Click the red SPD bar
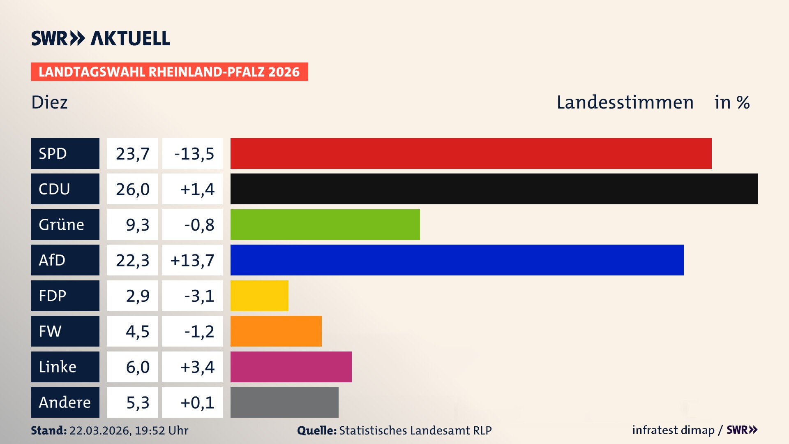click(471, 153)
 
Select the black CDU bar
click(494, 189)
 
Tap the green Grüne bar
click(325, 224)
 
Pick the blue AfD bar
click(457, 260)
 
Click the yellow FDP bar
click(259, 296)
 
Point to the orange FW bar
click(276, 331)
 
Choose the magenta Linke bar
click(291, 367)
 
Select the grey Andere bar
click(284, 402)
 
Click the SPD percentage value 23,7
click(132, 154)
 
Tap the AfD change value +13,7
click(192, 260)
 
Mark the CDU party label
click(54, 189)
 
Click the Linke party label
click(58, 367)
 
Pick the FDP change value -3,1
click(199, 296)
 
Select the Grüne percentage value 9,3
click(137, 225)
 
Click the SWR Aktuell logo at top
click(101, 38)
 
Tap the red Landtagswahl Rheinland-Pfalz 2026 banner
click(169, 72)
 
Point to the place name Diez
click(49, 102)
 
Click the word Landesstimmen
click(625, 102)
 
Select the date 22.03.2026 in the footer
click(100, 430)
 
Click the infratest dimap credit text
click(673, 430)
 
